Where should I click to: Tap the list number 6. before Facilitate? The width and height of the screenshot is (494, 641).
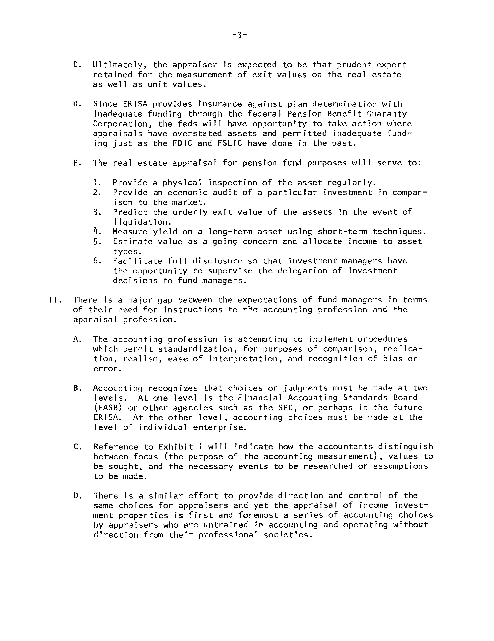coord(97,261)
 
